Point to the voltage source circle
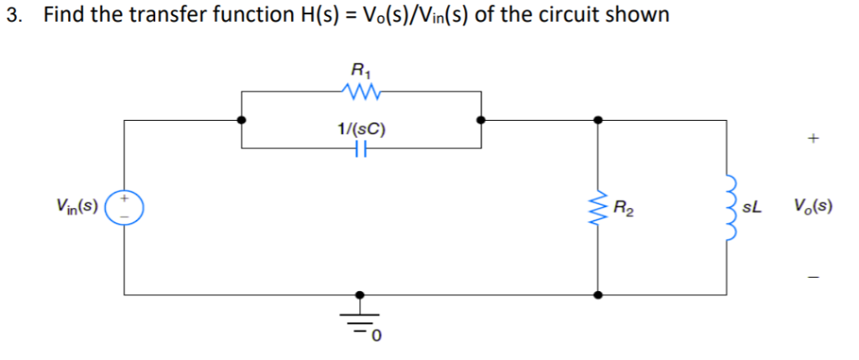(x=126, y=206)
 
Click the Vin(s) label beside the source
(x=77, y=204)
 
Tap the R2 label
(x=623, y=206)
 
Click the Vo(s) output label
(x=812, y=206)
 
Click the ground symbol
(x=361, y=321)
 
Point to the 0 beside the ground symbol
(x=377, y=337)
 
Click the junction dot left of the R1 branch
(x=242, y=120)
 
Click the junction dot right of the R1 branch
(x=481, y=120)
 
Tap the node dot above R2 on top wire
(x=597, y=120)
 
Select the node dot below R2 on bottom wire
(x=597, y=295)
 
